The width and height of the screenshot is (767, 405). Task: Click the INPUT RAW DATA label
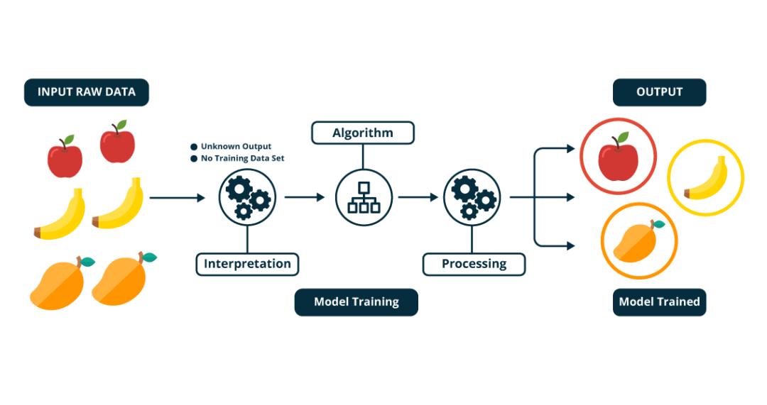coord(87,92)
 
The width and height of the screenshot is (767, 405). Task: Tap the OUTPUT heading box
coord(660,92)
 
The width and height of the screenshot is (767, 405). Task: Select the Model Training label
coord(356,302)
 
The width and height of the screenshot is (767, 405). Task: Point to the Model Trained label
coord(659,302)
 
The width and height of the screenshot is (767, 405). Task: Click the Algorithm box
coord(362,133)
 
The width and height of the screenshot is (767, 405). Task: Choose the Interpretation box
coord(247,265)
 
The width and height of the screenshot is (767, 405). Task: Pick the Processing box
coord(474,265)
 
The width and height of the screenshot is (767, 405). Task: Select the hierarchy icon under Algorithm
coord(362,197)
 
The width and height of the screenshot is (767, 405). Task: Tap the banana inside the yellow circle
coord(706,179)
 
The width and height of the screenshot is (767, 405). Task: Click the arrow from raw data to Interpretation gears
coord(177,198)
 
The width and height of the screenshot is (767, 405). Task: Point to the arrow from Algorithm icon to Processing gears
coord(418,198)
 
